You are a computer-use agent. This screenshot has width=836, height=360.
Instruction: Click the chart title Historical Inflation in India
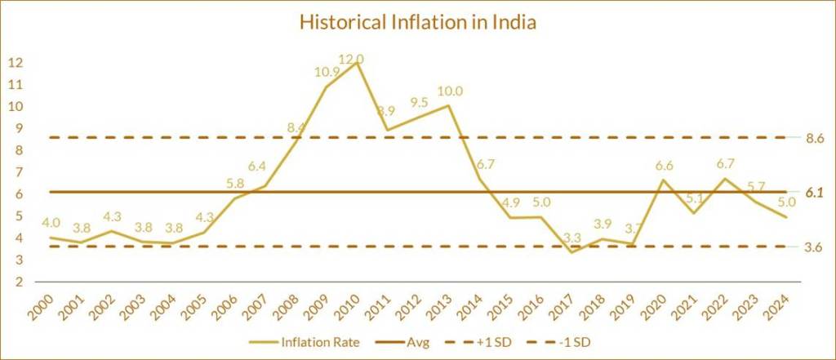tap(417, 22)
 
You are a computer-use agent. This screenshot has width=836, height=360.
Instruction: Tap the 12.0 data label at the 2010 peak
tap(351, 59)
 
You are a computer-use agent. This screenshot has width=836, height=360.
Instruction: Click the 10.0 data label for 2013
tap(450, 91)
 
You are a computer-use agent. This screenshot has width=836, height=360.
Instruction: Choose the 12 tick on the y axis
tap(16, 63)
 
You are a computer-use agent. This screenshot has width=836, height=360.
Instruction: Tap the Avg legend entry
tap(414, 341)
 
